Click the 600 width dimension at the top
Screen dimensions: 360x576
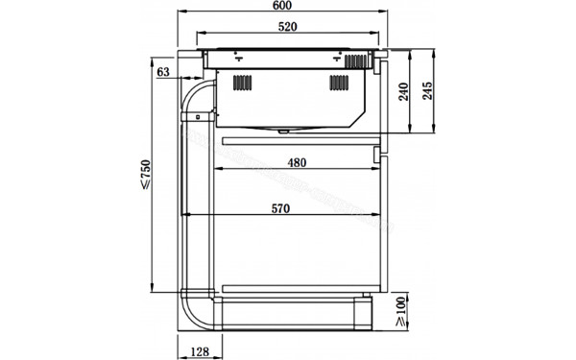coord(280,9)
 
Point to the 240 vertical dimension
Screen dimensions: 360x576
coord(403,92)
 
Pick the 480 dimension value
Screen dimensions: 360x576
coord(297,162)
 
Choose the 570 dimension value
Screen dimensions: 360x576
coord(281,207)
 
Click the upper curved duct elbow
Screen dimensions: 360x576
coord(196,96)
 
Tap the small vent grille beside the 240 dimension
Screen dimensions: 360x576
coord(356,60)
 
